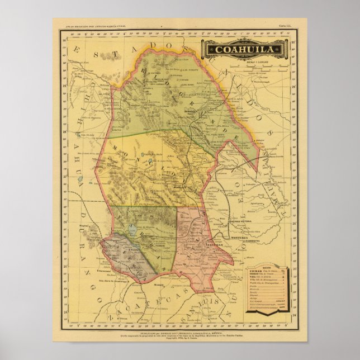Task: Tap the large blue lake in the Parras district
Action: click(x=132, y=229)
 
